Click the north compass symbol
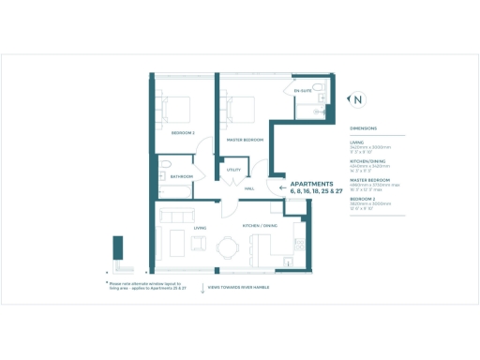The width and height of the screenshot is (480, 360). (357, 98)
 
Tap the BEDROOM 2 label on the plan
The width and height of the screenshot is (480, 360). (181, 133)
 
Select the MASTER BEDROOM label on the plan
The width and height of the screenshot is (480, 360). (245, 140)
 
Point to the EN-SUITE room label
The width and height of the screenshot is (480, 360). (304, 91)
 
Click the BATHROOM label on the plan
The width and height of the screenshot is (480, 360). (181, 176)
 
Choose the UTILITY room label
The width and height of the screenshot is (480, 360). (233, 170)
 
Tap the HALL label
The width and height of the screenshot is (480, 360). (249, 188)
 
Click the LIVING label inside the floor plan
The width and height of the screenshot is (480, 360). (200, 228)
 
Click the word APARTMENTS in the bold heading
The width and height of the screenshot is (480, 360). (312, 184)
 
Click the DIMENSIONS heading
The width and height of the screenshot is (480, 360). (364, 127)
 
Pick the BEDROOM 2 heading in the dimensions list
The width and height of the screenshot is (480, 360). (364, 199)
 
